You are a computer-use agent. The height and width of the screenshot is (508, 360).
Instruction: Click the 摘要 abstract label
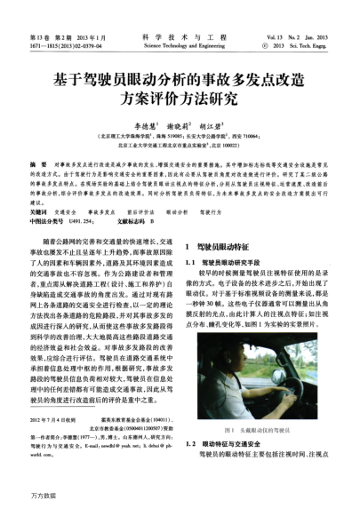pyautogui.click(x=37, y=166)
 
